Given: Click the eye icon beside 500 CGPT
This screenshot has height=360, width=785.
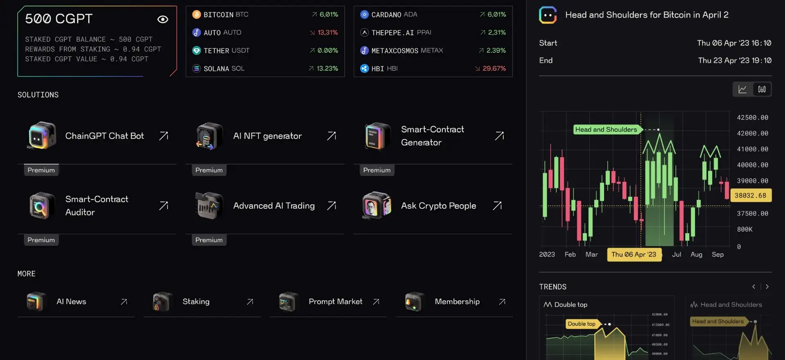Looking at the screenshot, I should coord(163,19).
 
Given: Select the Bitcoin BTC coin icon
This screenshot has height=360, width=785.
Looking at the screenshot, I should coord(197,15).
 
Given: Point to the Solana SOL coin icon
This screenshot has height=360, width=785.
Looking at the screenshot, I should coord(197,68).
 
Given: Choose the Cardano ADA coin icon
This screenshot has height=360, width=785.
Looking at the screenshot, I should coord(364,15).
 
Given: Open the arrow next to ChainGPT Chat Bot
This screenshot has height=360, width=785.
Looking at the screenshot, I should coord(164,136).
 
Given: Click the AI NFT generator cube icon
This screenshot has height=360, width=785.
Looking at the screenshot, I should coord(209,136).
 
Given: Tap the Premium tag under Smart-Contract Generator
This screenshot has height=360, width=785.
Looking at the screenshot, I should coord(377,170).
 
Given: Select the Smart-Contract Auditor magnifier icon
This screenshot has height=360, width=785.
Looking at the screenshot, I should coord(41,206).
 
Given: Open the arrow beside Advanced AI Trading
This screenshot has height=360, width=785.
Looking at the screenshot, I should coord(332,205).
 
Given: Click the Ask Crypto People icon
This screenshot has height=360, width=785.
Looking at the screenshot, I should coord(377,205).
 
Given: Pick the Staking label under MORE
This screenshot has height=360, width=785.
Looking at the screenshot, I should coord(196,301).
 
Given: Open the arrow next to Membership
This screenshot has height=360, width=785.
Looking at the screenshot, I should coord(502,301).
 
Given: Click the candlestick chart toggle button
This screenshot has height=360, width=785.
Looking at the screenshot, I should coord(762,89).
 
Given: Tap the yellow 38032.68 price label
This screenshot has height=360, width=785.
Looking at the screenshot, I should coord(750,196).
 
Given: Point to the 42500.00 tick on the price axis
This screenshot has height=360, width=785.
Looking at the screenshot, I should coord(752,117).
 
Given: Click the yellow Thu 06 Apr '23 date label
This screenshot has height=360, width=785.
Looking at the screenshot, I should coord(634,254).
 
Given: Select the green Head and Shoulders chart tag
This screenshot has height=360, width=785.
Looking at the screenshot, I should coord(606,130).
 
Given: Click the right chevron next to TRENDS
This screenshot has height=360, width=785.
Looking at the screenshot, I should coord(767,287).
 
